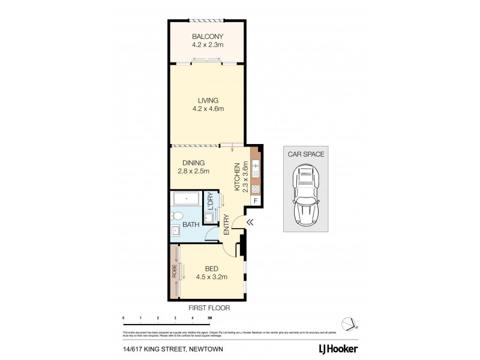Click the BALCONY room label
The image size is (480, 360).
pyautogui.click(x=208, y=36)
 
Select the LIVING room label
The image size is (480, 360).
pyautogui.click(x=208, y=100)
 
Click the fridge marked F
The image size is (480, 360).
pyautogui.click(x=256, y=200)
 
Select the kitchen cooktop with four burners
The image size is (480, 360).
pyautogui.click(x=256, y=187)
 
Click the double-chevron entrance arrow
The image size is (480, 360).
pyautogui.click(x=250, y=222)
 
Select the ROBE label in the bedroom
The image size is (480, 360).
pyautogui.click(x=173, y=272)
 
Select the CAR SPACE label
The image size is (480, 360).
pyautogui.click(x=306, y=154)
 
